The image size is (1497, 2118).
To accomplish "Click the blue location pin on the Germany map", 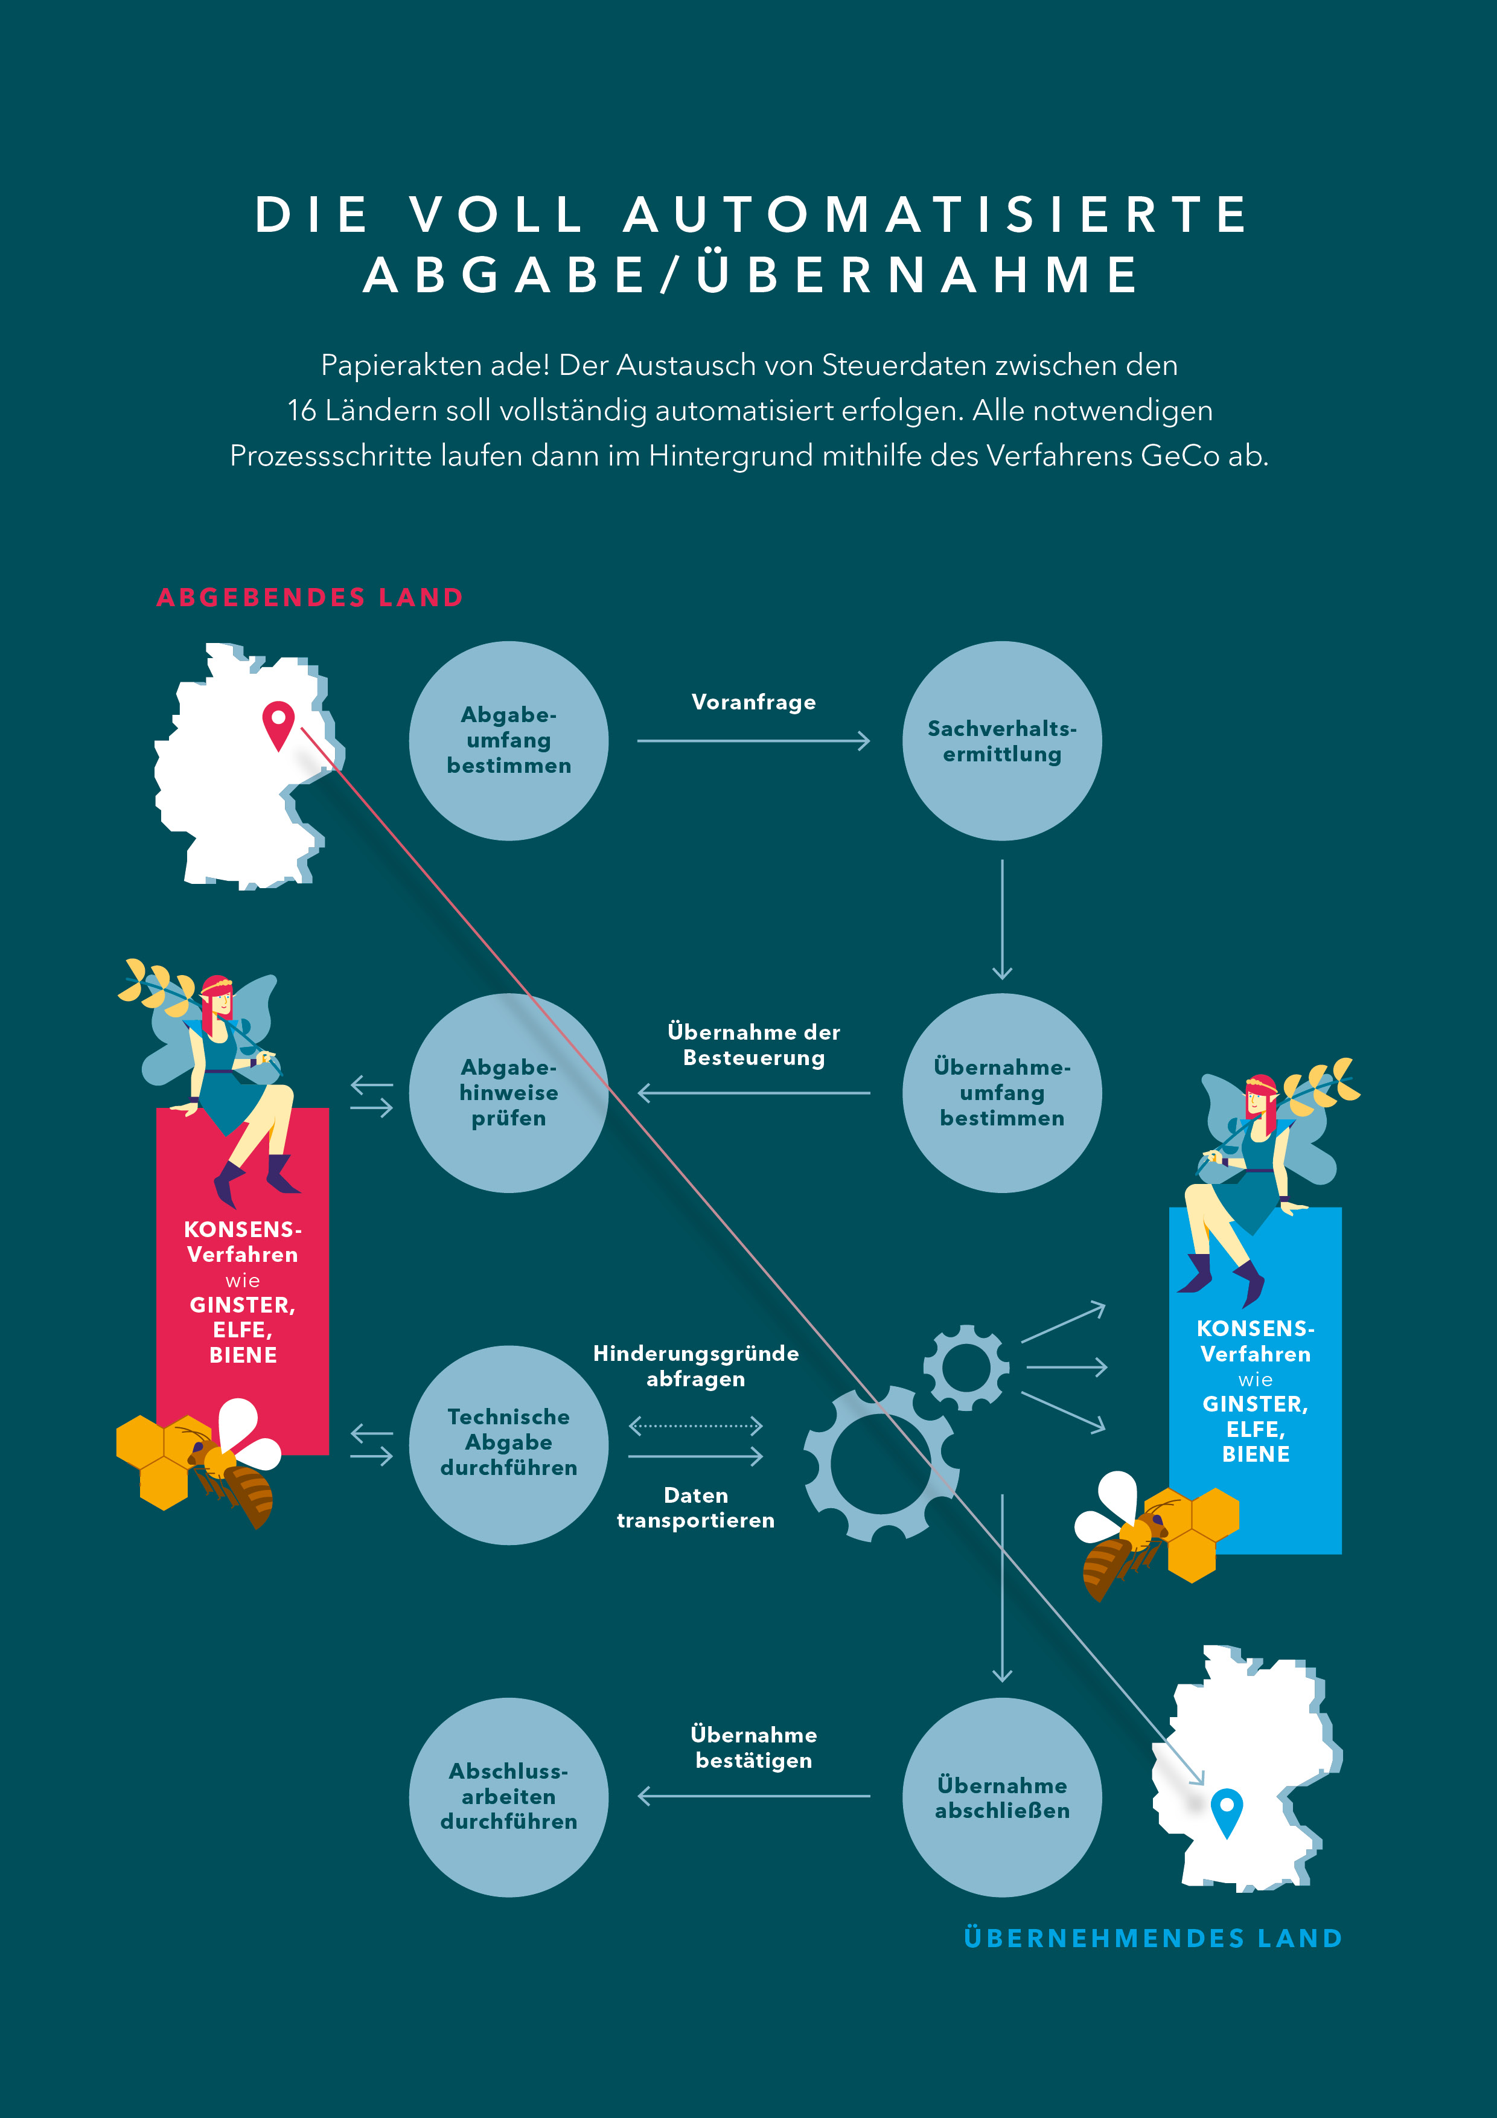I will pos(1226,1810).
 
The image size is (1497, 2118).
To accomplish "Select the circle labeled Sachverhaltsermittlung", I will pos(1001,741).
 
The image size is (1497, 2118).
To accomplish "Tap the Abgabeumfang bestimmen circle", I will pos(508,741).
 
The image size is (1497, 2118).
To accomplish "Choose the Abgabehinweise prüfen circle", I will pos(508,1093).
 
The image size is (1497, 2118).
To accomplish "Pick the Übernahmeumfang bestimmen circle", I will pos(1001,1093).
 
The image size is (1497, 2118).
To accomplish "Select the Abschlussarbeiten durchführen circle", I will pos(508,1796).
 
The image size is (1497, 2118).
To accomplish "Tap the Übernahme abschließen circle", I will pos(1001,1796).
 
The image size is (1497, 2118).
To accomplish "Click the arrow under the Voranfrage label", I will pos(753,741).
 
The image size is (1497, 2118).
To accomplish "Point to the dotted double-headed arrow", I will pos(695,1425).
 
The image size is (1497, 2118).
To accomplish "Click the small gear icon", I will pos(966,1367).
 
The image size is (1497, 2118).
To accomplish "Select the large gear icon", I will pos(881,1464).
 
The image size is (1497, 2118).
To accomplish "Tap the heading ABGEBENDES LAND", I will pos(310,598).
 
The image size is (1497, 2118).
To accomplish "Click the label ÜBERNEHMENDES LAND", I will pos(1152,1938).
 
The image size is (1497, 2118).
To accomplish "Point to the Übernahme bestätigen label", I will pos(753,1747).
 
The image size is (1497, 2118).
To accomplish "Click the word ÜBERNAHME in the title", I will pos(918,275).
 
